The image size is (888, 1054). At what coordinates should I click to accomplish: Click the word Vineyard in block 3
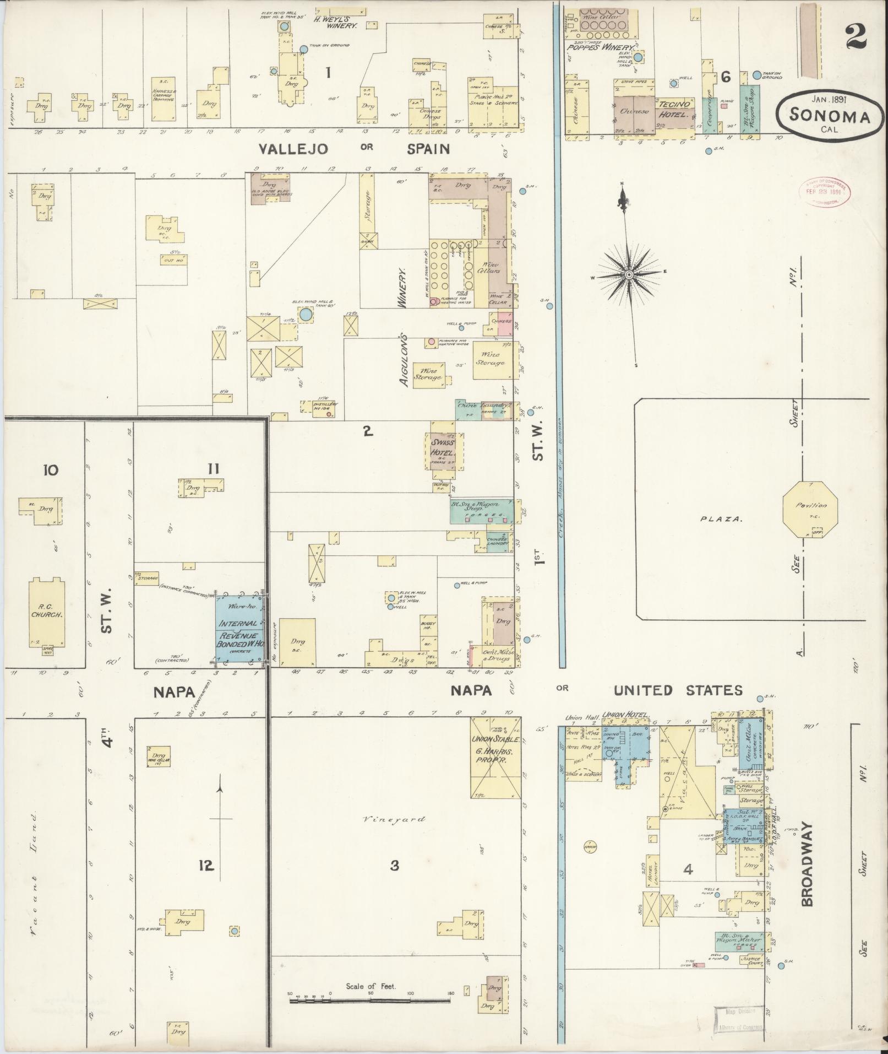pyautogui.click(x=394, y=819)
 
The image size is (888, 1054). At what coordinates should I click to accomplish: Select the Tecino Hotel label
pyautogui.click(x=672, y=109)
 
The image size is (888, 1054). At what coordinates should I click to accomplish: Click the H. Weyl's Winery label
pyautogui.click(x=336, y=22)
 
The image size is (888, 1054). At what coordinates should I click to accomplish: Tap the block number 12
pyautogui.click(x=206, y=866)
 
